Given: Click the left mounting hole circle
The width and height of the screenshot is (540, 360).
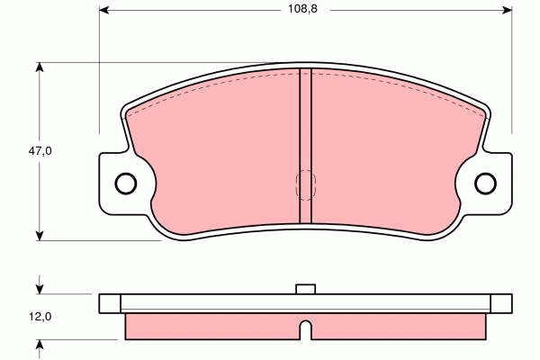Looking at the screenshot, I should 126,183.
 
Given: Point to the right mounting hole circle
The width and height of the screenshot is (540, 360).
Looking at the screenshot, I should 485,183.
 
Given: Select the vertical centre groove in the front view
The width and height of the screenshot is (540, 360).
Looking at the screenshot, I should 305,144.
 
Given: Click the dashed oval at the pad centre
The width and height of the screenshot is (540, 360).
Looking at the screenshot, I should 305,184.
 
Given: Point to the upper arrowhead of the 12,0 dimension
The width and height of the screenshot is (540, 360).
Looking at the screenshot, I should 40,289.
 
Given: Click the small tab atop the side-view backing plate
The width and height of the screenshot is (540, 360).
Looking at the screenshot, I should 305,289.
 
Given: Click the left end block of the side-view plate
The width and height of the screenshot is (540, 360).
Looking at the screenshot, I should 110,302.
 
